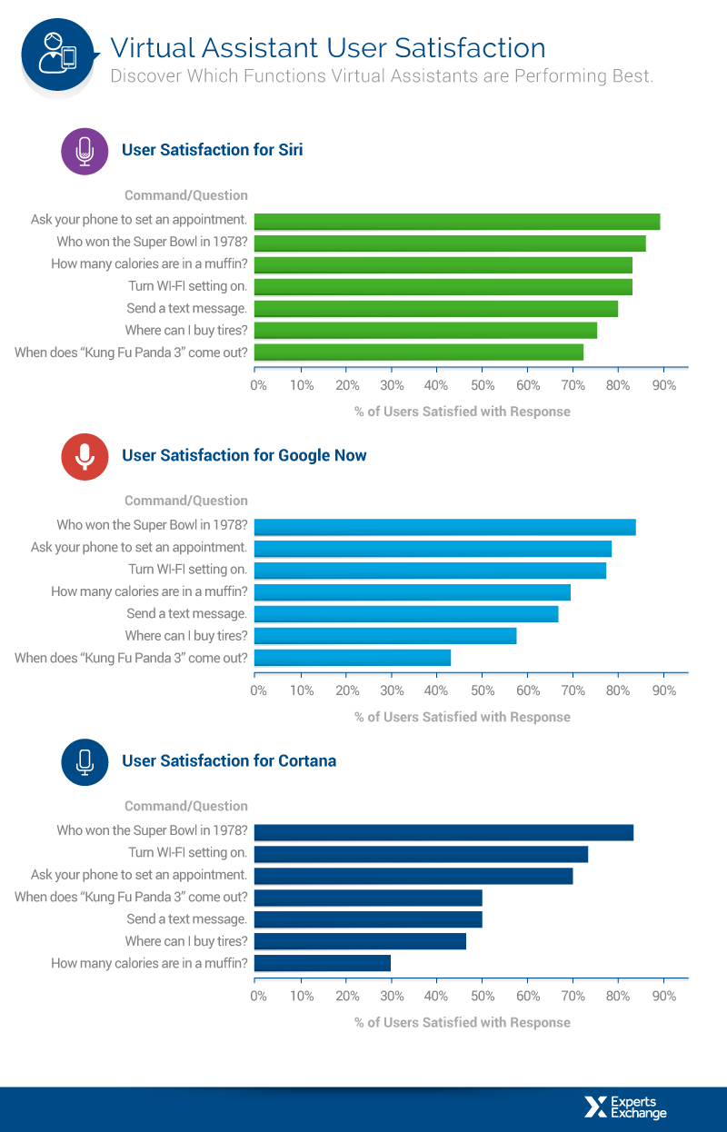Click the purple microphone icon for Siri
point(85,150)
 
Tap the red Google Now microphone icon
point(85,455)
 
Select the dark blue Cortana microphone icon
point(85,760)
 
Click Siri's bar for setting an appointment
point(456,222)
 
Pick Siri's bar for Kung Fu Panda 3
point(418,353)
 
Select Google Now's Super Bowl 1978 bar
point(444,527)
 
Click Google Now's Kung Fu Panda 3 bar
point(352,658)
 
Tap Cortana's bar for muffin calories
point(322,963)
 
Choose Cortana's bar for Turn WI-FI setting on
point(421,854)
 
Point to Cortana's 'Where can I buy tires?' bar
point(360,941)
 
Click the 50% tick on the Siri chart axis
point(482,385)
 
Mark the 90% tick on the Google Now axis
point(664,690)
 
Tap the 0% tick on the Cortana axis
point(258,996)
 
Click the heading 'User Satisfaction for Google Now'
point(244,455)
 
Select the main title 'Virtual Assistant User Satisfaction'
point(328,47)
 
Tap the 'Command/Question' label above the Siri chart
point(185,195)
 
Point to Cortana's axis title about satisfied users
point(462,1022)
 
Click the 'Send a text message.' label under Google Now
point(186,614)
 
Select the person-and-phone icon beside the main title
point(56,52)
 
